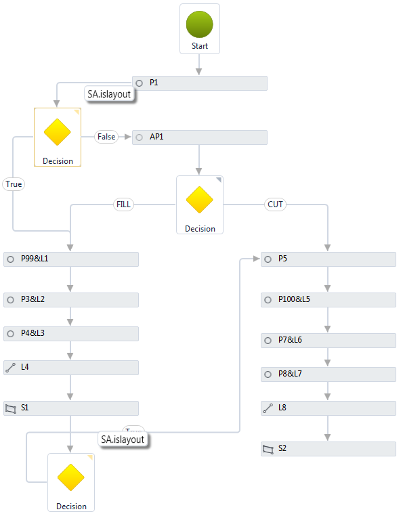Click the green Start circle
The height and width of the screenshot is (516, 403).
click(199, 24)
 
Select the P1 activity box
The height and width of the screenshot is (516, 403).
click(200, 83)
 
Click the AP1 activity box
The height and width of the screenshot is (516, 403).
click(200, 137)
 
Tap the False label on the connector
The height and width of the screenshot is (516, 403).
click(106, 137)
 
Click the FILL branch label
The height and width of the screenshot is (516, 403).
click(124, 205)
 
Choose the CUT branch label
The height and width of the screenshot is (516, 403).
click(276, 205)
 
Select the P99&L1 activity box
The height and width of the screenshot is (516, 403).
click(71, 259)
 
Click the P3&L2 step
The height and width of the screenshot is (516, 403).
click(71, 299)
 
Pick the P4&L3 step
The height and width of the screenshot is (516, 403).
click(71, 334)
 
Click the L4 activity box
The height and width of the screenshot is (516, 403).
click(71, 368)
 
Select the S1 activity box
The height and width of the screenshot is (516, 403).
click(71, 408)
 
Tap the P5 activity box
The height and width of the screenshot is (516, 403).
click(328, 259)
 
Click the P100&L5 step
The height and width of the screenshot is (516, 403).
click(328, 299)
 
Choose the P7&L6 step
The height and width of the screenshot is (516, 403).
click(328, 340)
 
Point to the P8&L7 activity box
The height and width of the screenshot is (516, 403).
click(328, 374)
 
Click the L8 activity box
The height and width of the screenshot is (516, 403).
click(328, 408)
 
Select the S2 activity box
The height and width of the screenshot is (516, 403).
click(328, 449)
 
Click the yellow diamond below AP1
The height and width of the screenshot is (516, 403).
click(200, 200)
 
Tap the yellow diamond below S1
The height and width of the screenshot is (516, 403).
click(71, 478)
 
